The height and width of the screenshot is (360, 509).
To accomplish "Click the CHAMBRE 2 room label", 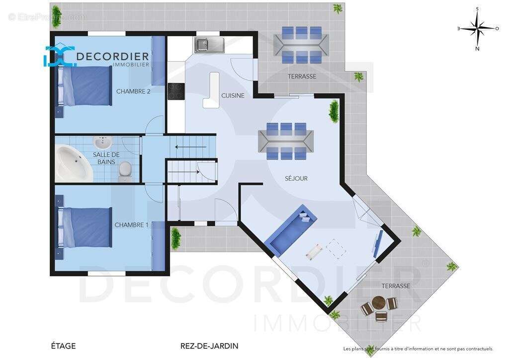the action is click(133, 91).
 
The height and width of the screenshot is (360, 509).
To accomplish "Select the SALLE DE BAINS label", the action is click(106, 158).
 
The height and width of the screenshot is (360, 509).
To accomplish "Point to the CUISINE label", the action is click(233, 95).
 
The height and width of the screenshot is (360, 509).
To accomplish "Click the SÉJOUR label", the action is click(296, 178).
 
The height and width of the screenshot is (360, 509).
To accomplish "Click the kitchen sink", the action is click(209, 44).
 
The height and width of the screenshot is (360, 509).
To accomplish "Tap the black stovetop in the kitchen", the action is click(176, 91).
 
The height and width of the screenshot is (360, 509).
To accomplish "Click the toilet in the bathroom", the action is click(125, 172).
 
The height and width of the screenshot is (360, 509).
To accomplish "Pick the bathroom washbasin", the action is click(103, 142).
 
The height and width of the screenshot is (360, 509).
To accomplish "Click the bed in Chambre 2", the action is click(85, 86).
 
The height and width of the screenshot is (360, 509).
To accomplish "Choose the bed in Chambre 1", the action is click(85, 228).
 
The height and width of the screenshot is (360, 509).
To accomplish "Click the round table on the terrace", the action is click(378, 303).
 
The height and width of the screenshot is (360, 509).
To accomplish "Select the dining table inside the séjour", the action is click(286, 141).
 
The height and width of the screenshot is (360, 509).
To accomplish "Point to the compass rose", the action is click(478, 28).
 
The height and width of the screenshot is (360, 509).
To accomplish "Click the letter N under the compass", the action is click(478, 49).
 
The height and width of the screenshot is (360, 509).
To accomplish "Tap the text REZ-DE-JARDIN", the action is click(209, 346).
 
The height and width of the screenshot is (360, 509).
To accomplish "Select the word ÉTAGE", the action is click(63, 346).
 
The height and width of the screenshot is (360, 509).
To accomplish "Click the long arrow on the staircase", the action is click(191, 147).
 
